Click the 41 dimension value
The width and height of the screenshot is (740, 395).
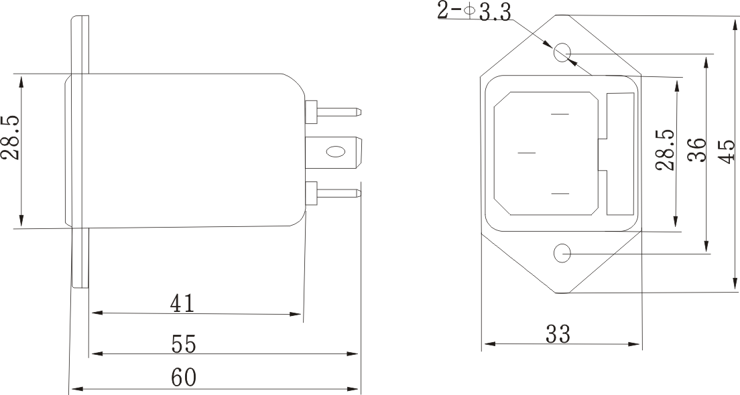(x=182, y=304)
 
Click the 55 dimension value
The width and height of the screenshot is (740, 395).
(x=182, y=344)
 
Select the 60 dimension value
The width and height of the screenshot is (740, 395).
(x=183, y=378)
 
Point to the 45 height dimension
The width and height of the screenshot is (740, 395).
(x=727, y=152)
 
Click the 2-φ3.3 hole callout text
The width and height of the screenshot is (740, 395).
(x=474, y=11)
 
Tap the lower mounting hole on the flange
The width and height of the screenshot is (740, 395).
(x=562, y=254)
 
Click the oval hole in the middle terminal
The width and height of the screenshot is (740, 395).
(x=333, y=152)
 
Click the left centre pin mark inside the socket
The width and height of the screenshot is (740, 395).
(x=527, y=153)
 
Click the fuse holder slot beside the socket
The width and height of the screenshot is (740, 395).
(x=620, y=154)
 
